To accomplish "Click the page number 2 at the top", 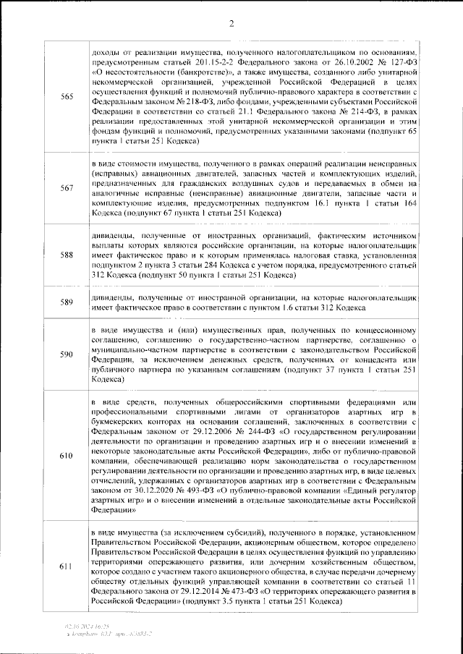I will (x=231, y=23).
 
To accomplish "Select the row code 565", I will (x=67, y=98).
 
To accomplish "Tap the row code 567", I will (x=67, y=188).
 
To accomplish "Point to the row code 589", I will (x=67, y=302).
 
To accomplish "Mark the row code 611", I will (x=67, y=566).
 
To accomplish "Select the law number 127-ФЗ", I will (x=396, y=62).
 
